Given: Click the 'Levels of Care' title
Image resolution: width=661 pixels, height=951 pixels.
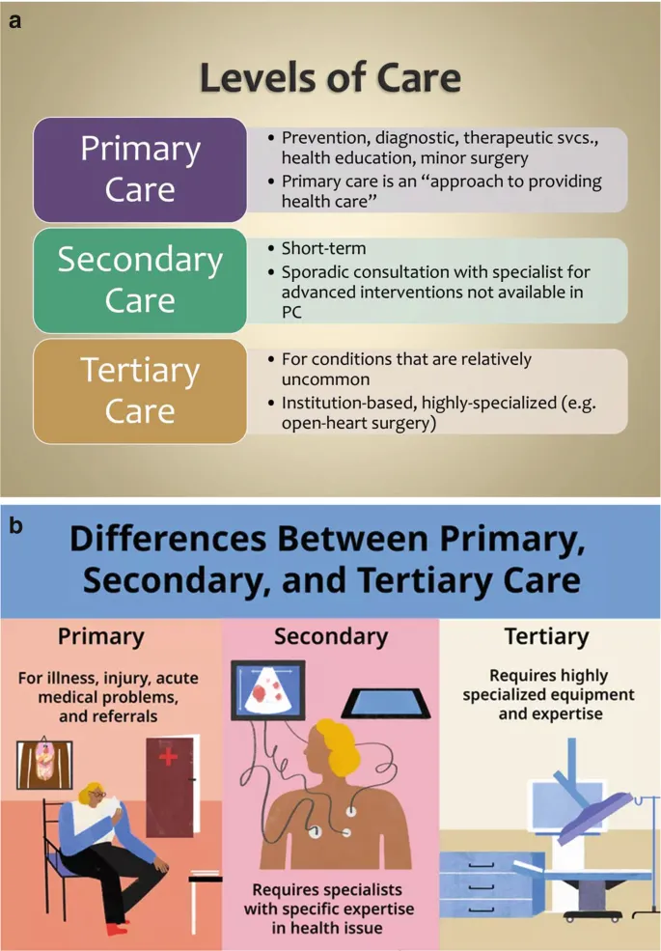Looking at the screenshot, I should coord(330,79).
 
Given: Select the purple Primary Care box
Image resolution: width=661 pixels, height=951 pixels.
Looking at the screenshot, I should coord(140,169).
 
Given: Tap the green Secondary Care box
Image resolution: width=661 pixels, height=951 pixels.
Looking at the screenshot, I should coord(140,280).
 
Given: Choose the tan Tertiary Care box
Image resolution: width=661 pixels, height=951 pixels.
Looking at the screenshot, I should coord(140,391).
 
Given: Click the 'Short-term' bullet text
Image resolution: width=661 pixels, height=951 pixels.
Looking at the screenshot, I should coord(324,250).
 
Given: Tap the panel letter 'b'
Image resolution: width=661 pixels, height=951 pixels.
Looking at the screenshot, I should coord(15,526).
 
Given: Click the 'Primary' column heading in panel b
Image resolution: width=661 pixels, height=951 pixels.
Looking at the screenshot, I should coord(100,637).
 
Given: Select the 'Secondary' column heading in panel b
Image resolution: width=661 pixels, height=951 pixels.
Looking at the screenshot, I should coord(330,637).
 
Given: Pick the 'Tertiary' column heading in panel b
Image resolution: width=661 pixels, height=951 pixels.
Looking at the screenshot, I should coord(546,637).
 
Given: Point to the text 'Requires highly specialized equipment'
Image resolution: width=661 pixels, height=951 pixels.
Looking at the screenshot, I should coord(548,685).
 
